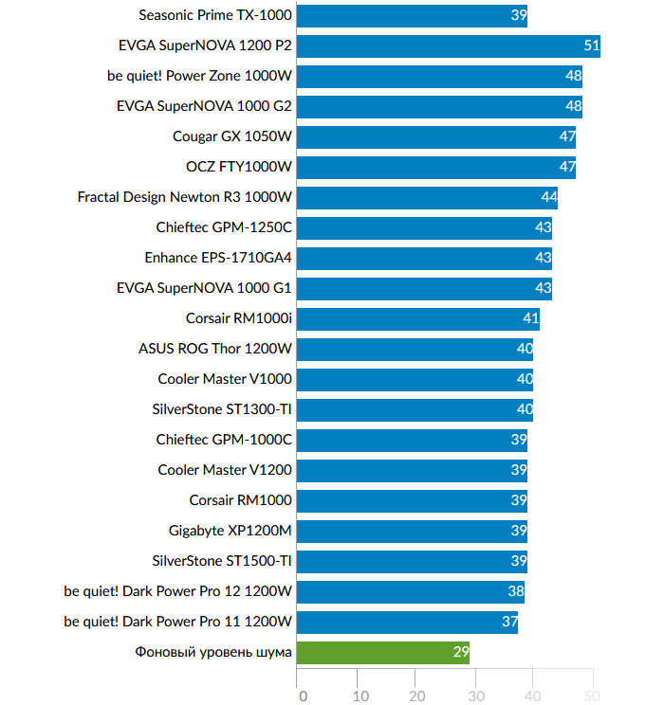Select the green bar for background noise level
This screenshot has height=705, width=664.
383,652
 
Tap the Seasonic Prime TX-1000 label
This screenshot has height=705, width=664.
215,15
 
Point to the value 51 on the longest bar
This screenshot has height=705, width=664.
591,45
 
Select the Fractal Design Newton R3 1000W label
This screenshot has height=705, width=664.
185,197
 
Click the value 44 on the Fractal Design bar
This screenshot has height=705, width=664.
548,197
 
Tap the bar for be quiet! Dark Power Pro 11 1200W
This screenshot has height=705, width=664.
407,622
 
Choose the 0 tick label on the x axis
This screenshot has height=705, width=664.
303,696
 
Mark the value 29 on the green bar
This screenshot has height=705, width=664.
460,652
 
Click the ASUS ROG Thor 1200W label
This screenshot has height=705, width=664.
215,349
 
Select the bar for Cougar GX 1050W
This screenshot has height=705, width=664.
436,136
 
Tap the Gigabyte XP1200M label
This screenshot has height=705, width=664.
231,531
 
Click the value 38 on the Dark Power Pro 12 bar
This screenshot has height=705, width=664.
515,591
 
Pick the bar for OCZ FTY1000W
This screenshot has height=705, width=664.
436,167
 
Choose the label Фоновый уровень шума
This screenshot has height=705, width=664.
213,652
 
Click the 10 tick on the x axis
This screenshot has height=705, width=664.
360,696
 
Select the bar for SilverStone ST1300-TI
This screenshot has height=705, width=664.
415,409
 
